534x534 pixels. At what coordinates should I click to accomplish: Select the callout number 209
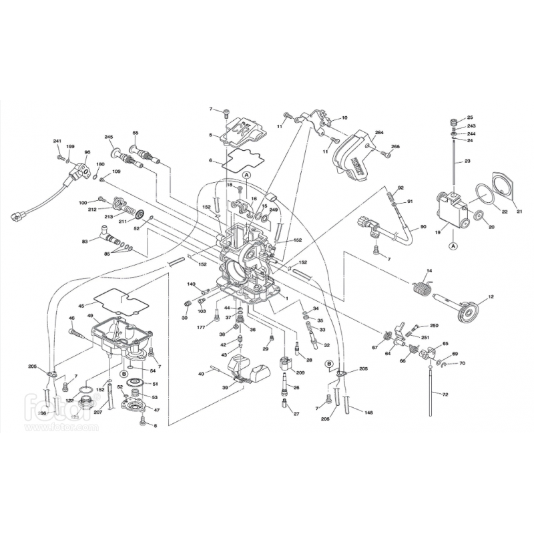tap(300, 372)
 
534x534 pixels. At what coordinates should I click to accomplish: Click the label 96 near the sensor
tap(87, 153)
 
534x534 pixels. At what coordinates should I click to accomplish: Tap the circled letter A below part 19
tap(453, 246)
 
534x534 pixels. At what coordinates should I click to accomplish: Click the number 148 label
tap(368, 413)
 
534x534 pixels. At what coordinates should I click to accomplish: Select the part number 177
tap(200, 327)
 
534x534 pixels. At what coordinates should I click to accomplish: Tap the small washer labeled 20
tap(479, 216)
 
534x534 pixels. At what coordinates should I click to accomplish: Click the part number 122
tap(69, 400)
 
